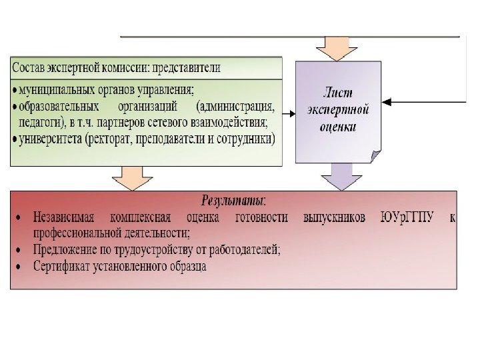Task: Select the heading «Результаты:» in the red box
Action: (x=233, y=200)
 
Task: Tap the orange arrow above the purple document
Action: (x=328, y=48)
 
